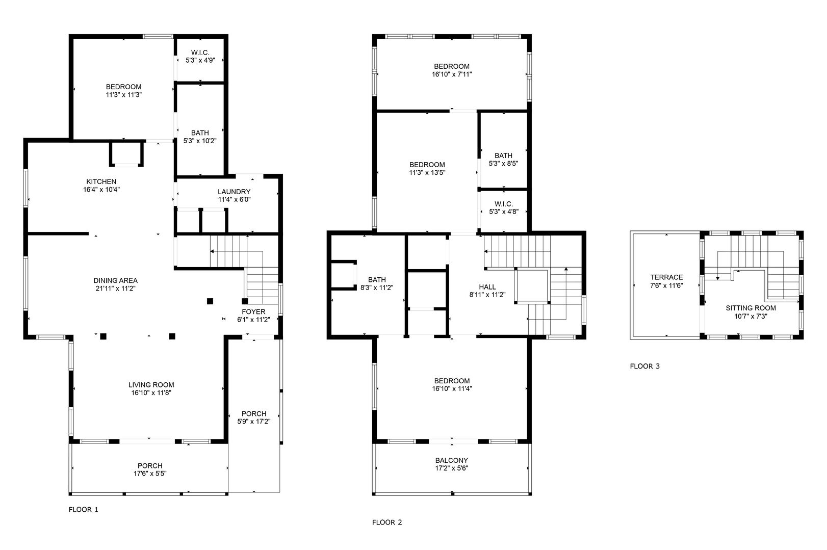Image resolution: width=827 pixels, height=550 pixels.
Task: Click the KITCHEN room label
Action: click(101, 181)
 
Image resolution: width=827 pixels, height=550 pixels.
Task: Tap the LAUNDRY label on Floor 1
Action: click(234, 192)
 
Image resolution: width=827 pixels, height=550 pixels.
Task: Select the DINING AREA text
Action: click(116, 280)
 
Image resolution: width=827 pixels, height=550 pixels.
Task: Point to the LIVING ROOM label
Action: click(151, 385)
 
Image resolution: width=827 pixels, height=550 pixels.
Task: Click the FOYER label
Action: click(253, 311)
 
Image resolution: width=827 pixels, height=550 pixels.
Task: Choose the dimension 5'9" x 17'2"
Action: click(253, 421)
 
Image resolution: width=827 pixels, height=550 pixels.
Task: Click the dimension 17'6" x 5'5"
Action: click(150, 473)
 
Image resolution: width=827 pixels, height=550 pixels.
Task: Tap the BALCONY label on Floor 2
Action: click(452, 460)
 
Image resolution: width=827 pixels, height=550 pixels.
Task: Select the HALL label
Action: click(487, 287)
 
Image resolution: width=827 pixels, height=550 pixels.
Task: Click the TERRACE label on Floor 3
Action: click(666, 277)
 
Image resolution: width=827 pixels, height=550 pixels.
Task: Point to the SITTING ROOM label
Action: click(751, 308)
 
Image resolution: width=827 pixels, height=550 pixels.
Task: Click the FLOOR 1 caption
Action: click(84, 509)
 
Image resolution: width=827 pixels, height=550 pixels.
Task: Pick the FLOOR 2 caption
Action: click(387, 522)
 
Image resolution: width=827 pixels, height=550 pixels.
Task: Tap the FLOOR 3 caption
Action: click(644, 366)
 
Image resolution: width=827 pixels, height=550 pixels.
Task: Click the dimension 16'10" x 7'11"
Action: click(452, 74)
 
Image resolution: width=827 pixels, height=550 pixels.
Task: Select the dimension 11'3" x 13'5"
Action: click(427, 172)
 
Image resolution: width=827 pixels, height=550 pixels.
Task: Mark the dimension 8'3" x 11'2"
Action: click(377, 287)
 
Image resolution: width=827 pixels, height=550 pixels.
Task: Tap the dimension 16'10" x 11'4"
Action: click(452, 388)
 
